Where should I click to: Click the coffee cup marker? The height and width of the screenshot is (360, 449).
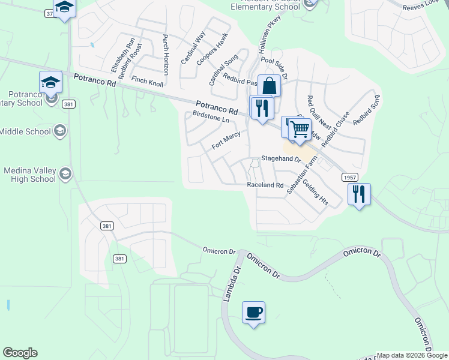(x=253, y=313)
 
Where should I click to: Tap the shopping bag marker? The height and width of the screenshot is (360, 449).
(x=270, y=86)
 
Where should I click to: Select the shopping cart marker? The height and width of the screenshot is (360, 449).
(x=300, y=129)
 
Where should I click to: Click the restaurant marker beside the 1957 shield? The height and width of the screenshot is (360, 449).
(x=359, y=194)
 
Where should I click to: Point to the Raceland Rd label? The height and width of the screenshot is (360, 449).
(x=265, y=185)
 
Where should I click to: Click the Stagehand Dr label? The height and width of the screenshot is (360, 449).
(x=280, y=160)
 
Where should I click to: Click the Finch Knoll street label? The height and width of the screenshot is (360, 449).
(x=147, y=82)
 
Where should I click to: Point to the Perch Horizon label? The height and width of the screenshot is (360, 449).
(x=166, y=54)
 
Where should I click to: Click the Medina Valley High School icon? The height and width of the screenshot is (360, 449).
(x=65, y=175)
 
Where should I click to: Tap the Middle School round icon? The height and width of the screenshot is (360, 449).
(x=59, y=131)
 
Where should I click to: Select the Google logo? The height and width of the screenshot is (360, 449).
(x=20, y=353)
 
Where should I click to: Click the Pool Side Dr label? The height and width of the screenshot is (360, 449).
(x=275, y=69)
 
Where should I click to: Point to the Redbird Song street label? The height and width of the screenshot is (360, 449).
(x=367, y=110)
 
